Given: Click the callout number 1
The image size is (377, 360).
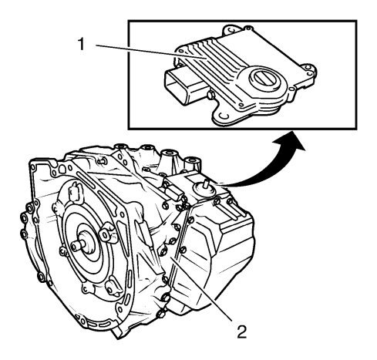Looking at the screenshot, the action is [x=81, y=44].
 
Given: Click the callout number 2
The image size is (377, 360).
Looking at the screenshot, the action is [x=241, y=331].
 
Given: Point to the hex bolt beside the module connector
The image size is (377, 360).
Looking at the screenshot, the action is [x=211, y=96].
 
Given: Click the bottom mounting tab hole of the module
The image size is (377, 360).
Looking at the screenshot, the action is [x=224, y=116].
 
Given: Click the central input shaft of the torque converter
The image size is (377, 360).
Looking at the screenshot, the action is [x=79, y=244].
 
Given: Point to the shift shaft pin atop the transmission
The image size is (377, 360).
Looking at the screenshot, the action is [x=205, y=185].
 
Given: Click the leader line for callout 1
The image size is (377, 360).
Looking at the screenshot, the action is [x=151, y=52].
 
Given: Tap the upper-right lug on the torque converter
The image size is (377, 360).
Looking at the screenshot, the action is [x=107, y=233].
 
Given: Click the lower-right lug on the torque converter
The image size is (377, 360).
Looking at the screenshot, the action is [x=113, y=288].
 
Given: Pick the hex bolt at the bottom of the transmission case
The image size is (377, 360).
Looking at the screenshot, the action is [x=160, y=314].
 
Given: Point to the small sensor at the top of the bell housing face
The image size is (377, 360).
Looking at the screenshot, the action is [x=76, y=191].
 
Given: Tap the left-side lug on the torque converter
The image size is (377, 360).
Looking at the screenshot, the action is [x=64, y=251].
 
